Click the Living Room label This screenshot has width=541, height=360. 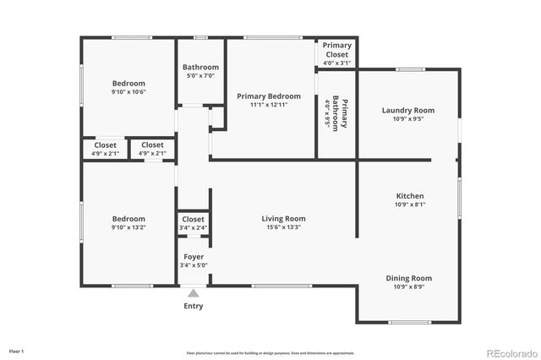(x=283, y=219)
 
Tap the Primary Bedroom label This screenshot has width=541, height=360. (x=269, y=96)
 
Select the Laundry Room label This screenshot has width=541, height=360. (x=408, y=111)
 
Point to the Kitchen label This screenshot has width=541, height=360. (x=409, y=196)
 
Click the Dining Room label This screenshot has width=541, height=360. (x=409, y=278)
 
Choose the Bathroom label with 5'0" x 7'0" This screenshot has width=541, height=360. (x=201, y=68)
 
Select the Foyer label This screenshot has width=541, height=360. (x=193, y=256)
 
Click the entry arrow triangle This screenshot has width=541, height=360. (x=193, y=292)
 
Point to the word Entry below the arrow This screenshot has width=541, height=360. (x=194, y=306)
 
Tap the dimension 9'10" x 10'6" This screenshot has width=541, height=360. (x=129, y=92)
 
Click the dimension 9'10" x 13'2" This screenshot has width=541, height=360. (x=129, y=227)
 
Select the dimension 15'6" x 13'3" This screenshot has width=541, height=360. (x=283, y=227)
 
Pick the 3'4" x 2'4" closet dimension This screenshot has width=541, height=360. (x=193, y=228)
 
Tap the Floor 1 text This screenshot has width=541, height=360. (x=17, y=350)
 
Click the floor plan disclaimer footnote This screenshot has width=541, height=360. (x=270, y=352)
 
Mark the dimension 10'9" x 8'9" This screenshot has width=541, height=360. (x=409, y=287)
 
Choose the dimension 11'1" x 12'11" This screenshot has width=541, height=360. (x=269, y=105)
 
